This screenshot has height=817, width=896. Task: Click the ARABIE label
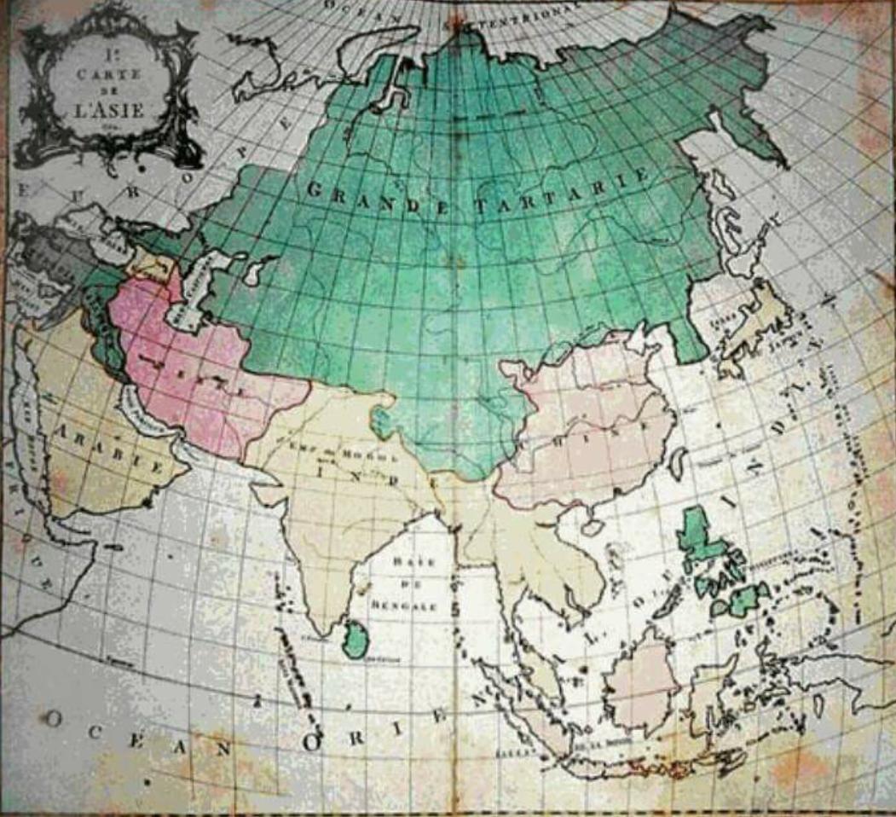click(x=112, y=449)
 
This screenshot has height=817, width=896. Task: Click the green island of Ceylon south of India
click(x=355, y=639)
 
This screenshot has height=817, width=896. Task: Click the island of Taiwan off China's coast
click(x=678, y=463)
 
